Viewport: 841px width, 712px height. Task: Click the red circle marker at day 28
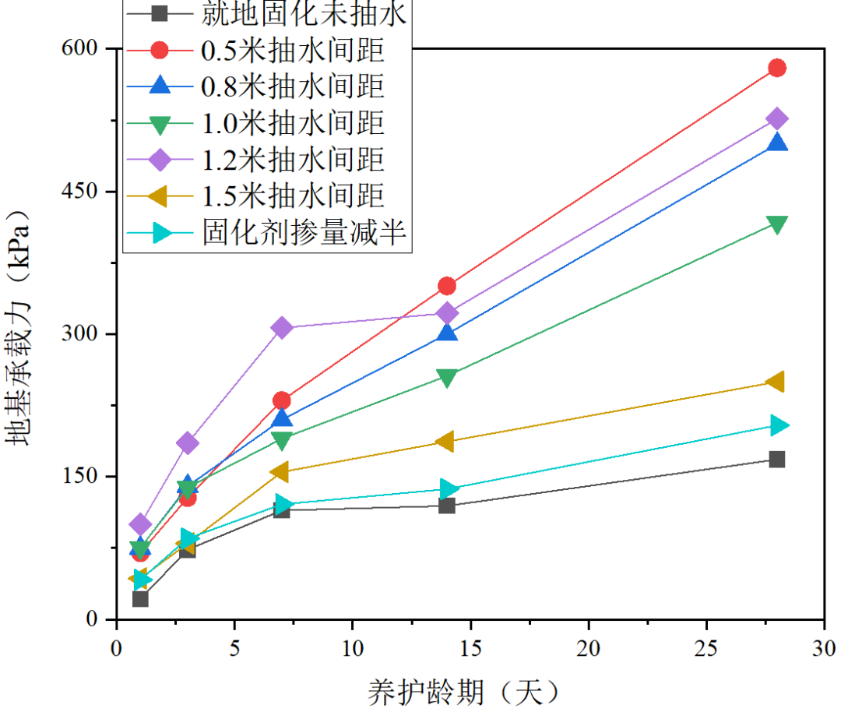[776, 68]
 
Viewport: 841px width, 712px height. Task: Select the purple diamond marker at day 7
[282, 328]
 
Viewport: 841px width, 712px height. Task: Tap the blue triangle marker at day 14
[447, 333]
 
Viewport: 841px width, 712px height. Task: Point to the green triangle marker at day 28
[776, 224]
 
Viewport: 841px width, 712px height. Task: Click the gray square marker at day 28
[776, 459]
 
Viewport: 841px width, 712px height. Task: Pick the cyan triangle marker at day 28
[778, 425]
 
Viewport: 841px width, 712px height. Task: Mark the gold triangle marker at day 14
[445, 442]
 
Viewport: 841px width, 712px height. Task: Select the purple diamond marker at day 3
[188, 443]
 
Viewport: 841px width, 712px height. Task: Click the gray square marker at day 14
[447, 506]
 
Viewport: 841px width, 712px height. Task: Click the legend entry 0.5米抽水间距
[292, 51]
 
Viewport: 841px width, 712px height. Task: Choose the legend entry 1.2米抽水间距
[292, 160]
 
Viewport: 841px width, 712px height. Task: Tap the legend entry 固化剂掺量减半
[304, 232]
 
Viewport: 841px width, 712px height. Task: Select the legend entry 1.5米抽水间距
[292, 196]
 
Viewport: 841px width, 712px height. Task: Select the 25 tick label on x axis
[706, 647]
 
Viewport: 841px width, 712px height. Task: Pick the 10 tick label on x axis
[352, 647]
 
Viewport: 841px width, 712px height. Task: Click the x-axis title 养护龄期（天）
[464, 690]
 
